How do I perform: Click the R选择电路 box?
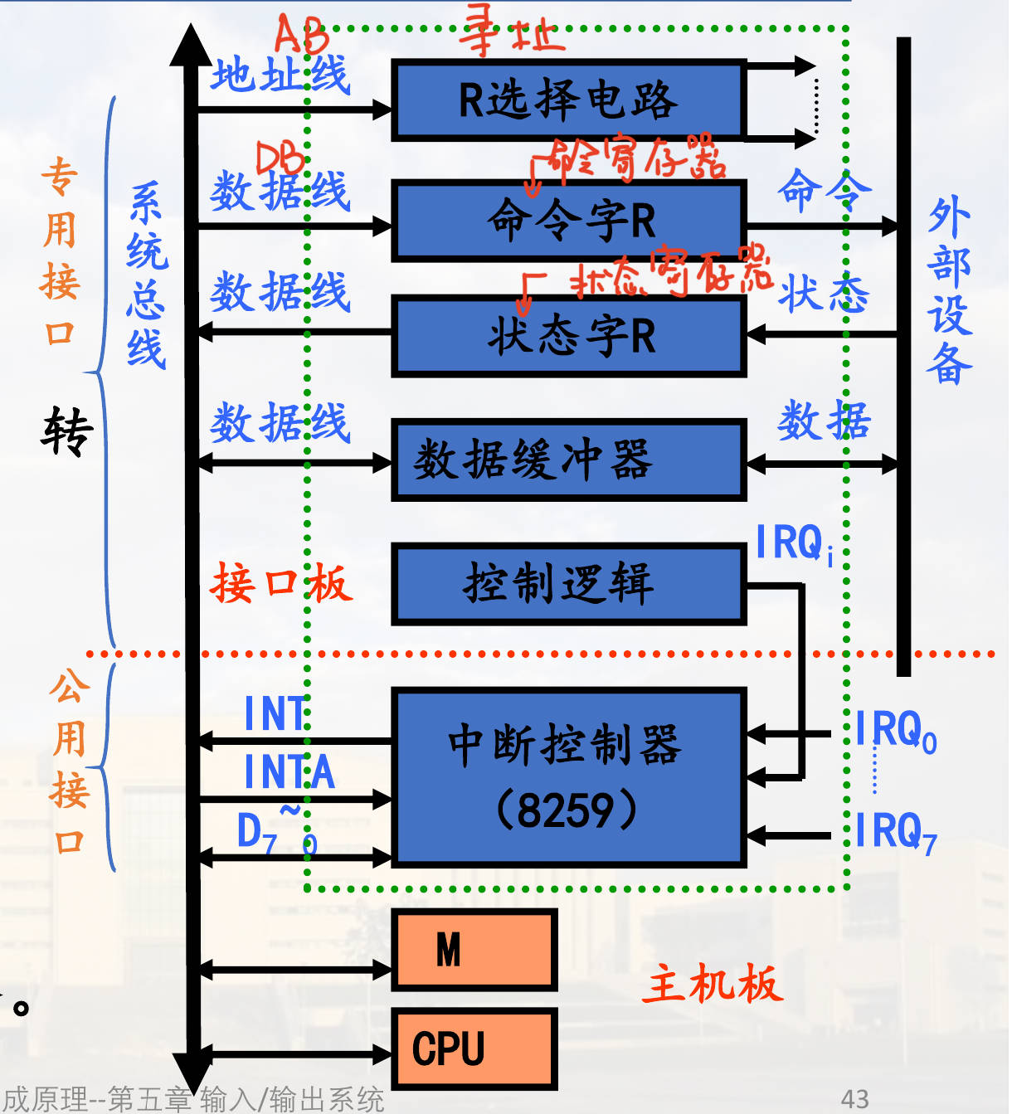pos(568,100)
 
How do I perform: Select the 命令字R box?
pos(570,221)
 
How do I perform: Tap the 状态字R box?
pos(570,336)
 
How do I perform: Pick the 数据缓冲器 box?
pos(570,460)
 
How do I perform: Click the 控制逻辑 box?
pos(570,583)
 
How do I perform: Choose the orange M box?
pos(474,950)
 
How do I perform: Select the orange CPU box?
pos(474,1048)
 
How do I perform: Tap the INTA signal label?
pos(289,772)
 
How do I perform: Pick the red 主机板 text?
pos(712,985)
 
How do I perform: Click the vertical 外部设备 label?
pos(949,290)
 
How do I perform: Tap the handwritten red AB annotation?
pos(300,35)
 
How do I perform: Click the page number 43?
pos(854,1099)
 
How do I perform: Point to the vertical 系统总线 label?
pos(146,274)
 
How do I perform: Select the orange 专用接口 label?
pos(60,253)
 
